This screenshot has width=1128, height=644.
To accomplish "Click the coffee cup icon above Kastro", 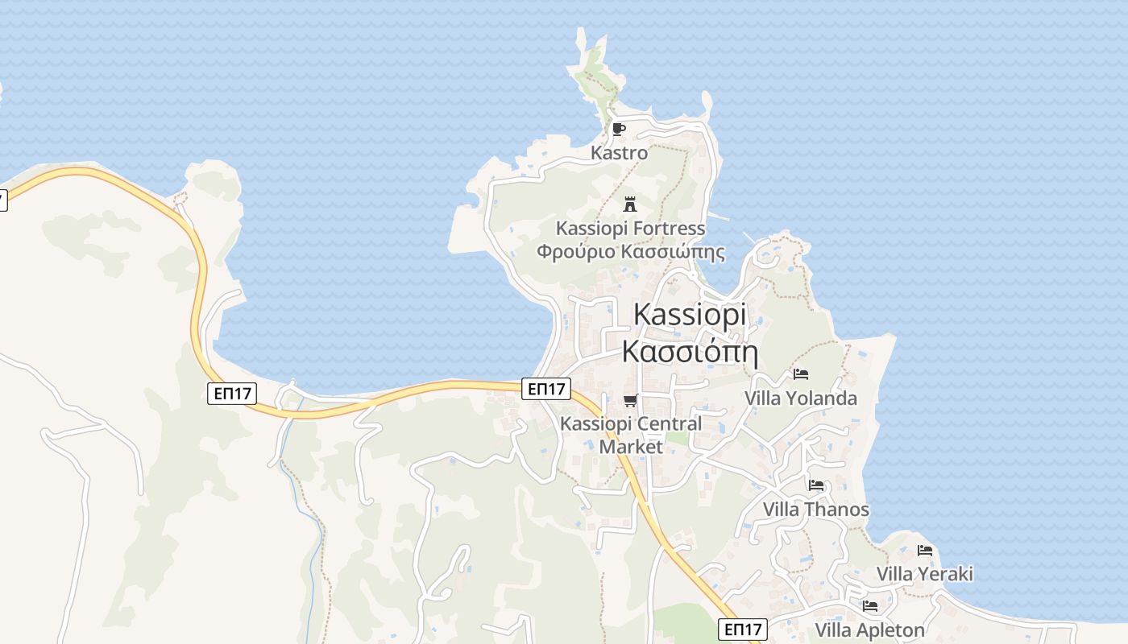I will tap(618, 129).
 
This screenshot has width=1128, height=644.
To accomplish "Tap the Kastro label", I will tap(619, 152).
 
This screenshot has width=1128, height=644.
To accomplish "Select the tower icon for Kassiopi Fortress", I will tap(630, 204).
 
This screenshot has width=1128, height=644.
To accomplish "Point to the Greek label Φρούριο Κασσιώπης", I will tap(630, 252).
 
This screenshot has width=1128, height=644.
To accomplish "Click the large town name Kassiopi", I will tap(690, 314).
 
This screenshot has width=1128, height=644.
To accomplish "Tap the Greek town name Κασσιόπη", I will tap(690, 352).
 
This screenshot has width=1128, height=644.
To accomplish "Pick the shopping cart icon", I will tap(630, 400).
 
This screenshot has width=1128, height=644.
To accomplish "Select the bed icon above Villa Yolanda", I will tap(800, 374).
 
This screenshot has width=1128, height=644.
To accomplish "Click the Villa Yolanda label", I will tap(800, 398).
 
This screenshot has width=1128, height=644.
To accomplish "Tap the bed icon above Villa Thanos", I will tap(816, 485).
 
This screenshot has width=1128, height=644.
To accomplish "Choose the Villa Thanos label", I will tap(815, 510).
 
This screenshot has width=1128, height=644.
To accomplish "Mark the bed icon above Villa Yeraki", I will tap(924, 551).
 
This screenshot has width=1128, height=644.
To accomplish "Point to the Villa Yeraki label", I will tap(924, 574).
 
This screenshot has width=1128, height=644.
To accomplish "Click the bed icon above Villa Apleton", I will tap(869, 606).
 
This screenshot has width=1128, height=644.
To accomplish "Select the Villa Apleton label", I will tap(869, 630).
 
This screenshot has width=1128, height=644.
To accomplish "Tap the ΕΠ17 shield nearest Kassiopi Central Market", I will tap(546, 389).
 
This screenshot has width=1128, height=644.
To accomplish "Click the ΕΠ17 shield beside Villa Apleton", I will tap(742, 630).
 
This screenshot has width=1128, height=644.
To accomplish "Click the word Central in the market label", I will tap(666, 423).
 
